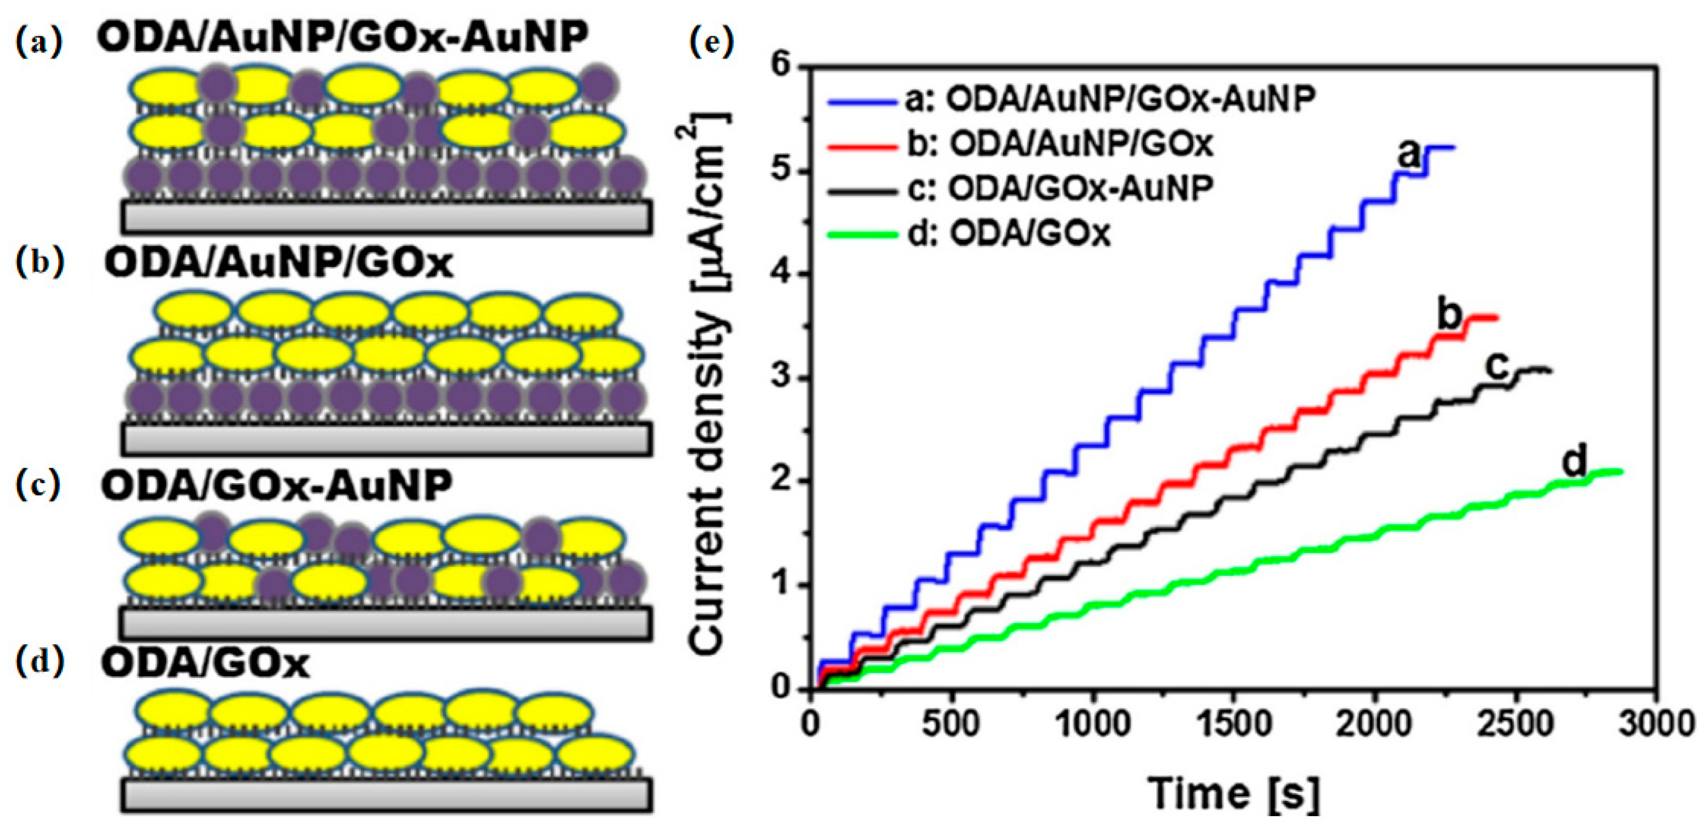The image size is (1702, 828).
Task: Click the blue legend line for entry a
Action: [x=861, y=101]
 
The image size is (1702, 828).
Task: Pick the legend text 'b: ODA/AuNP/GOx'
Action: [x=1060, y=144]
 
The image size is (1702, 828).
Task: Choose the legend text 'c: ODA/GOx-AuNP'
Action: [x=1060, y=189]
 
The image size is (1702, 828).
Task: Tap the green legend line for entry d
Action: [x=861, y=234]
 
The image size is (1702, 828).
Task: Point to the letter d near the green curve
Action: [x=1575, y=462]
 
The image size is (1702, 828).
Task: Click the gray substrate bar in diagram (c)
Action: [x=387, y=622]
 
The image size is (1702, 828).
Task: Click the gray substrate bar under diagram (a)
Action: [x=387, y=216]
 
